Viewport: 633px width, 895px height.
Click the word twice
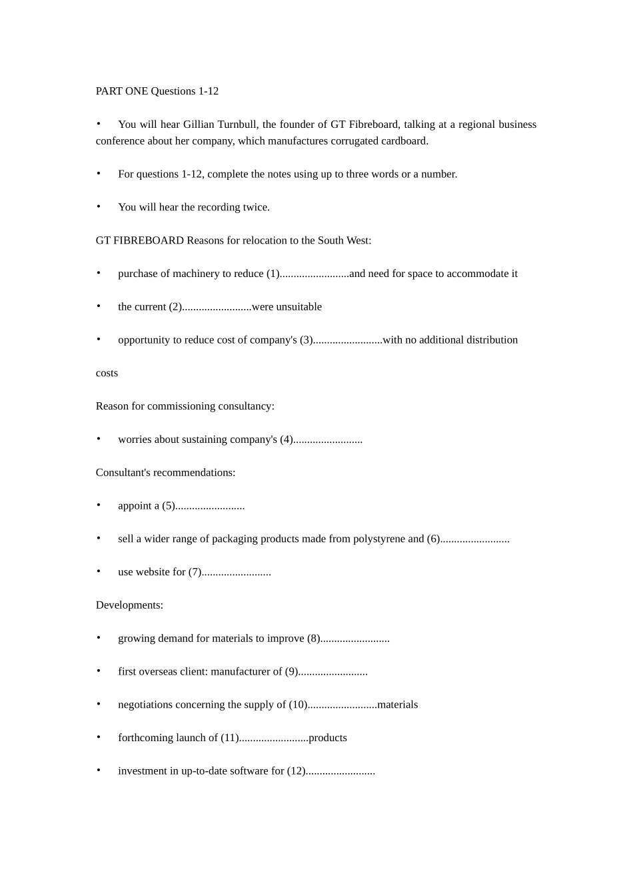click(x=257, y=207)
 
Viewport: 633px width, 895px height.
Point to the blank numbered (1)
click(x=314, y=274)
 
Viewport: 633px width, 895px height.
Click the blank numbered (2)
click(x=217, y=307)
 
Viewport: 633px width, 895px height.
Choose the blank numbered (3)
click(x=347, y=340)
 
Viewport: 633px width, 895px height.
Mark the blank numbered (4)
click(x=328, y=440)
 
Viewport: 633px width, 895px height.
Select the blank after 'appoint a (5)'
click(x=210, y=506)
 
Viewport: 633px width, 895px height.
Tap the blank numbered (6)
click(x=474, y=539)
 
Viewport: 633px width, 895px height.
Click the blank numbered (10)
click(x=342, y=705)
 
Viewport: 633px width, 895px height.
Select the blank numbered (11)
click(x=273, y=738)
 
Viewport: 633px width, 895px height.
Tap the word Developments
click(x=129, y=605)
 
